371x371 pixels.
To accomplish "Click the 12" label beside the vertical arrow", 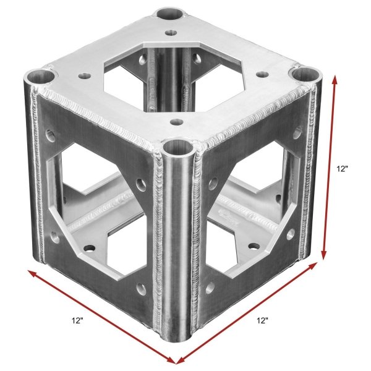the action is pos(343,169).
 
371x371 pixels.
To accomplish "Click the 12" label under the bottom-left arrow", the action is pos(78,320).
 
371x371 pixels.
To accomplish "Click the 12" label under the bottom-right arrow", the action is pos(262,320).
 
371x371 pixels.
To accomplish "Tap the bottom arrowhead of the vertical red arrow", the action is pos(323,255).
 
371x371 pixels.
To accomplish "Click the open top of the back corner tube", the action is pos(171,14).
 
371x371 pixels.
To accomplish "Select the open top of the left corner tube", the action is pos(41,76).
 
